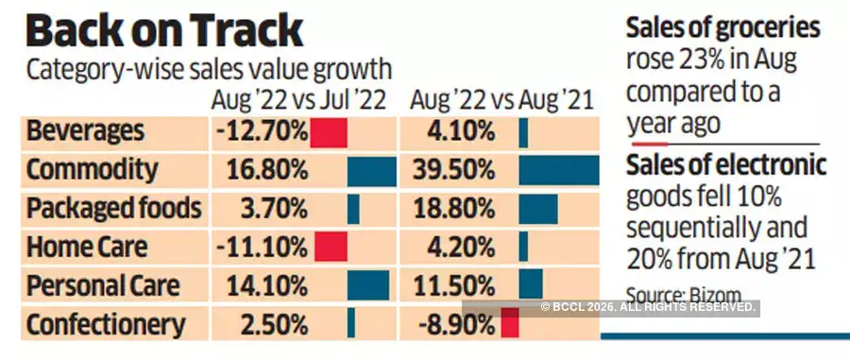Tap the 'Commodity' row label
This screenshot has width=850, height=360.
(92, 169)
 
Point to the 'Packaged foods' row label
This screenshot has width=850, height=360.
(114, 208)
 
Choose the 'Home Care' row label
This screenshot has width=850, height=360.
(87, 248)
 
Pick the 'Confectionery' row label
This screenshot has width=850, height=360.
(106, 325)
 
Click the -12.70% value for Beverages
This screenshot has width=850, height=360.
(261, 130)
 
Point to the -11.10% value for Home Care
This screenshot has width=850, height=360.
(261, 248)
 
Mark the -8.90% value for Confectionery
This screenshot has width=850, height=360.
(457, 325)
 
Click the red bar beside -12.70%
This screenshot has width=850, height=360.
(329, 130)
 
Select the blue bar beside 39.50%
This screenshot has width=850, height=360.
(558, 169)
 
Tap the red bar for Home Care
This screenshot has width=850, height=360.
(331, 248)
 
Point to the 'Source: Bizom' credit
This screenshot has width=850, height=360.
(685, 293)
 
